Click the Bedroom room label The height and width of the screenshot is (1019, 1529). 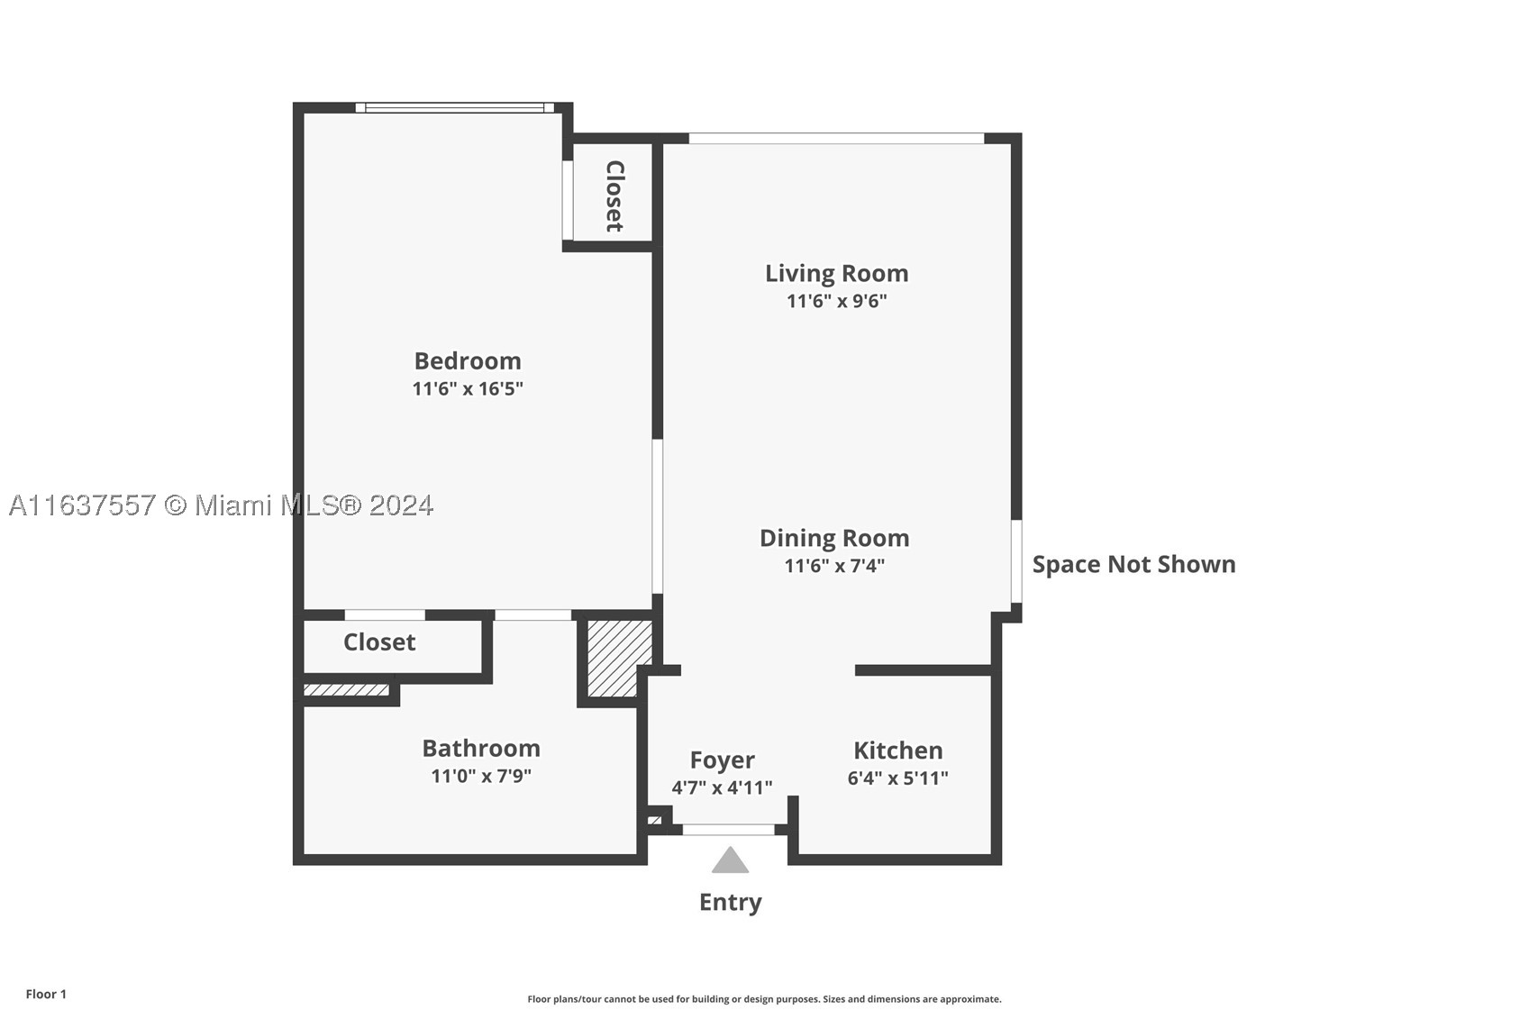click(x=468, y=360)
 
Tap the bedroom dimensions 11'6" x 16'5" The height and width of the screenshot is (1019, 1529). click(x=468, y=388)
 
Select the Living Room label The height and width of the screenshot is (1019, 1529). click(x=836, y=274)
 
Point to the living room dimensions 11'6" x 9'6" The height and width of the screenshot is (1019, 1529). click(x=836, y=301)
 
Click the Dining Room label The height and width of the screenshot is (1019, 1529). click(x=834, y=539)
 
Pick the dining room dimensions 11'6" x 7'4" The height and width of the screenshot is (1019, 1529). click(x=834, y=566)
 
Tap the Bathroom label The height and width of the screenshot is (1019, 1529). click(x=481, y=748)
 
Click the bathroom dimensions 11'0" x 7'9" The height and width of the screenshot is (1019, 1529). click(x=481, y=776)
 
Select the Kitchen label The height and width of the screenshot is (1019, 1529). click(x=898, y=751)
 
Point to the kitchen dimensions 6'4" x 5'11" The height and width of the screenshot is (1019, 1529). click(x=898, y=778)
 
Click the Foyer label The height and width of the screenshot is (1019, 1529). click(x=723, y=760)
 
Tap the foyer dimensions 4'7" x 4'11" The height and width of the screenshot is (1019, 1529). click(x=723, y=787)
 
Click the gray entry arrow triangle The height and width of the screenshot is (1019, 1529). click(x=731, y=862)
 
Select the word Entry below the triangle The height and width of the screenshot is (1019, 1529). click(x=731, y=902)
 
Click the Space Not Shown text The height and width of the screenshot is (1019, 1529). click(x=1133, y=564)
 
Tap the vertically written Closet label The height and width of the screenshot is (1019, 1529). click(x=615, y=196)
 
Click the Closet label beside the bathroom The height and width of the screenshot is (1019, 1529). click(x=379, y=642)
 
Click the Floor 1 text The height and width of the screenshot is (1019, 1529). click(x=47, y=994)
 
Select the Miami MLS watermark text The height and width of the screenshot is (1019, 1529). click(x=221, y=505)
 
